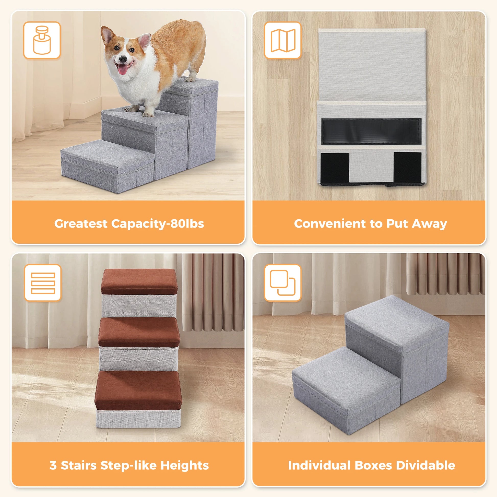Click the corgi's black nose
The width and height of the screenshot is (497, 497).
click(123, 59)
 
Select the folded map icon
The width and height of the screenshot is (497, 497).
click(283, 40)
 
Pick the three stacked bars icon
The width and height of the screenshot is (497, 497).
click(43, 283)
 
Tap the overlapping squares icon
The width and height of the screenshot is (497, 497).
click(283, 283)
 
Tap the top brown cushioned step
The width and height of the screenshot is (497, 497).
click(139, 281)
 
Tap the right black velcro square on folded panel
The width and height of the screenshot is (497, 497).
click(407, 167)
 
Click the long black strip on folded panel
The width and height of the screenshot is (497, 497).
click(371, 132)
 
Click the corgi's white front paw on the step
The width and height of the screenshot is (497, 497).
click(148, 114)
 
